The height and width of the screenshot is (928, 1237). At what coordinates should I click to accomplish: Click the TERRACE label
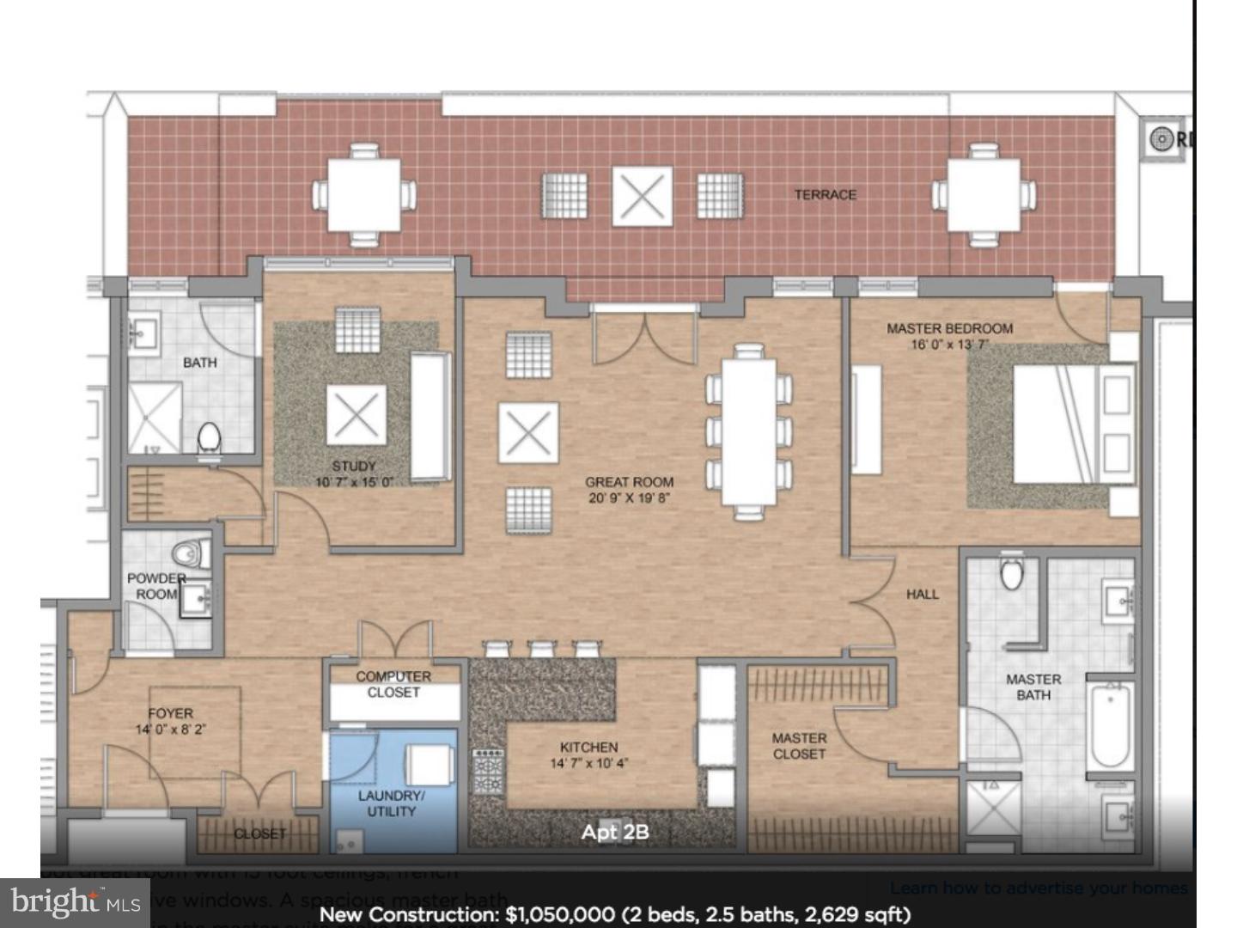tap(825, 195)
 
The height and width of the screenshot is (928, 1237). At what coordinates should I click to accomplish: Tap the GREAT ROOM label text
tap(629, 483)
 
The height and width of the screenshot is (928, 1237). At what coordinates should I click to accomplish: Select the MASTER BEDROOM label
tap(949, 328)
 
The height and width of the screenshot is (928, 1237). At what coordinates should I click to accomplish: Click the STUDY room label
tap(354, 466)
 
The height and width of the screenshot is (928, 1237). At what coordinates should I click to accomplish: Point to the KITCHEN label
tap(588, 748)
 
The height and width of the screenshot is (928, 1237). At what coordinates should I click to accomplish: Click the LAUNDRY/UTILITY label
tap(391, 803)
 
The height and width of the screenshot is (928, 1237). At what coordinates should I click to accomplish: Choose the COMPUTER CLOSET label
tap(393, 684)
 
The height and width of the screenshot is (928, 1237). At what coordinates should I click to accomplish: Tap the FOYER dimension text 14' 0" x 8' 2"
tap(171, 730)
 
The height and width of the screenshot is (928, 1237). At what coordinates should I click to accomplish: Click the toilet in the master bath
tap(1012, 572)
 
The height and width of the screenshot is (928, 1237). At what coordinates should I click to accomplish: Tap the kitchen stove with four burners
tap(488, 771)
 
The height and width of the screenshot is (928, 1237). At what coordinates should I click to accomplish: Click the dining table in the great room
tap(748, 431)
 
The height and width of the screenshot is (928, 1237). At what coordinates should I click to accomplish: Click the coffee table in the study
tap(356, 415)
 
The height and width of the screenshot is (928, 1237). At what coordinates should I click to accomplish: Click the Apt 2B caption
tap(614, 832)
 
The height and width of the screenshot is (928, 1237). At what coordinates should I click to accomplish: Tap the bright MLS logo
tap(76, 902)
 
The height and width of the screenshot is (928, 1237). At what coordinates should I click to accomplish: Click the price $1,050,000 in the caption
tap(559, 914)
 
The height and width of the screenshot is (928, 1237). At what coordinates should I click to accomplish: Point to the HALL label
tap(922, 594)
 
